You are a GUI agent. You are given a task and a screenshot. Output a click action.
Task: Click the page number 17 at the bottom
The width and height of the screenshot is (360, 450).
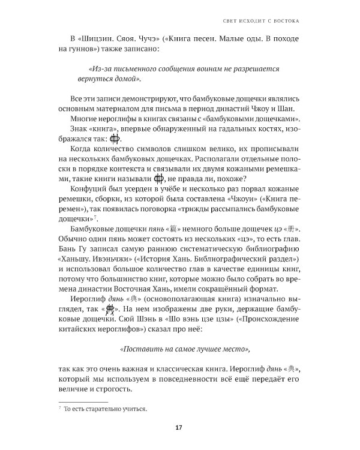click(179, 427)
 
